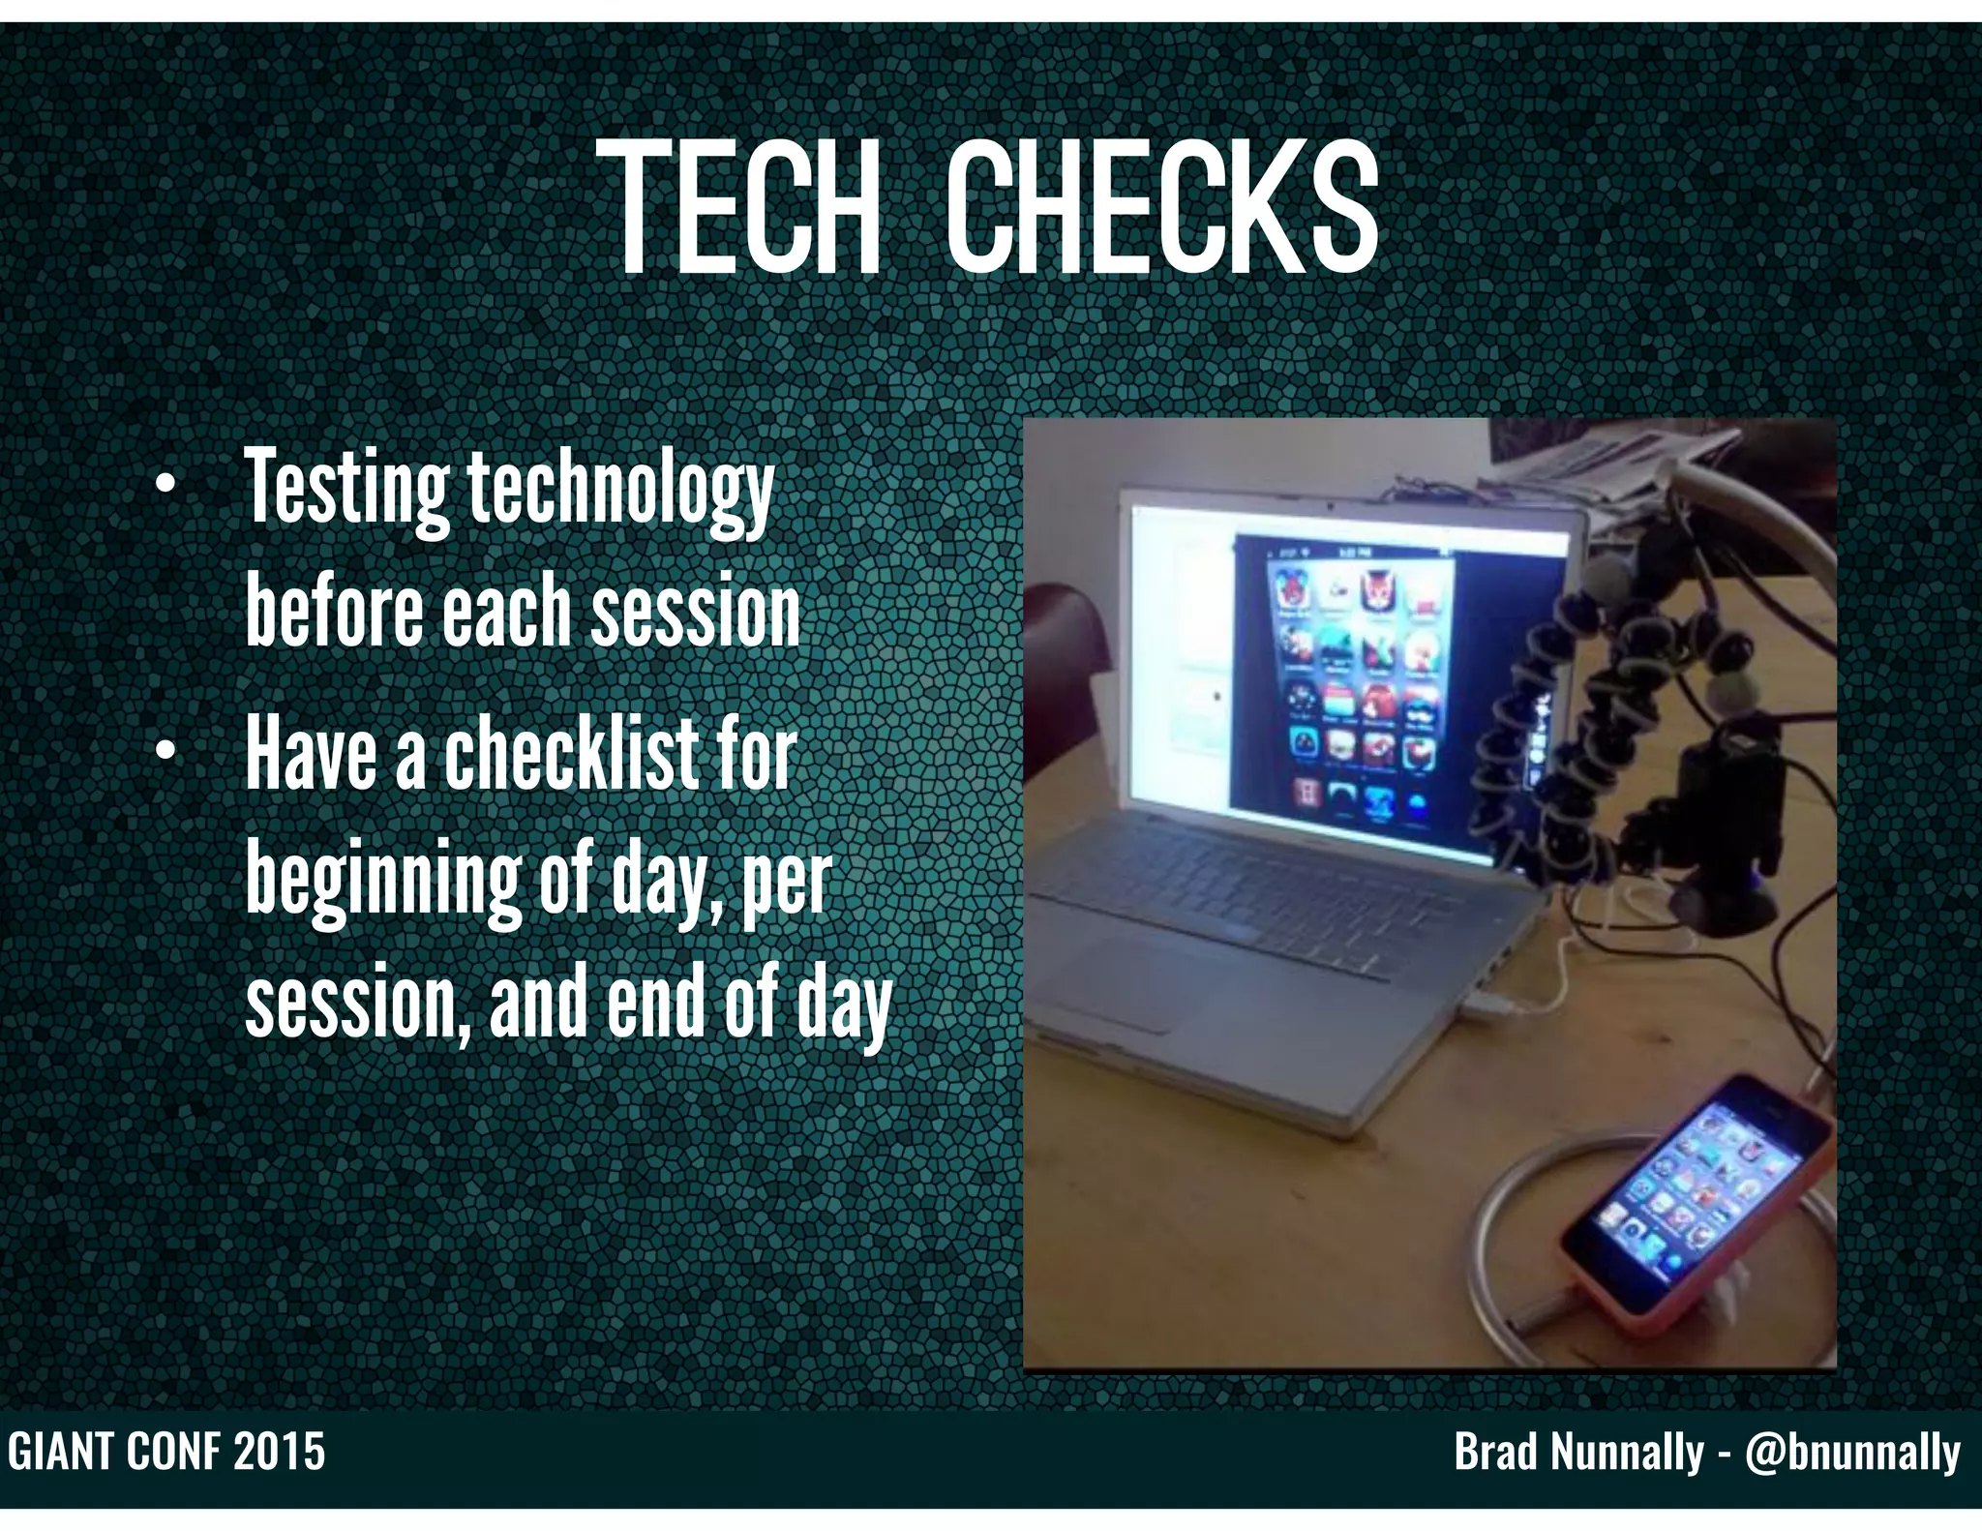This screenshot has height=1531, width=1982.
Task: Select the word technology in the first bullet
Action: [620, 493]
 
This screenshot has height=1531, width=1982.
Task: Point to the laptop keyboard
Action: [1248, 871]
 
